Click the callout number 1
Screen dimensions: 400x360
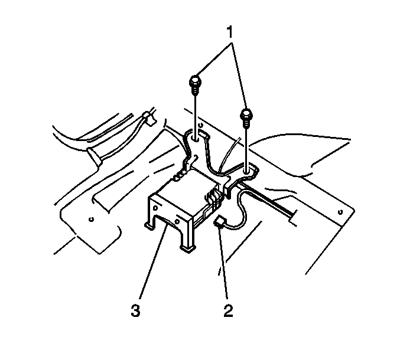[230, 32]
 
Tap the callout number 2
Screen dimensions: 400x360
[228, 310]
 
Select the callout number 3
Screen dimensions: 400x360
[135, 310]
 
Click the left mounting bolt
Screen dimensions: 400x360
[196, 85]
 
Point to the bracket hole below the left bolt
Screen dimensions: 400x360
[196, 139]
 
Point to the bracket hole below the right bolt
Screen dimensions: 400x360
[247, 172]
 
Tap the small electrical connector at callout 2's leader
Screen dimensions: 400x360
[219, 221]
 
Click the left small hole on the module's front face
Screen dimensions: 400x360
[155, 208]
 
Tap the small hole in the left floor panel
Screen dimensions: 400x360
[91, 219]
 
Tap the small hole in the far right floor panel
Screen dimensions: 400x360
[340, 212]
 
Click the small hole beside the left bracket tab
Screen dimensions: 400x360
[200, 125]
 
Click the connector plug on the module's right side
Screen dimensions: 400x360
[212, 198]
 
